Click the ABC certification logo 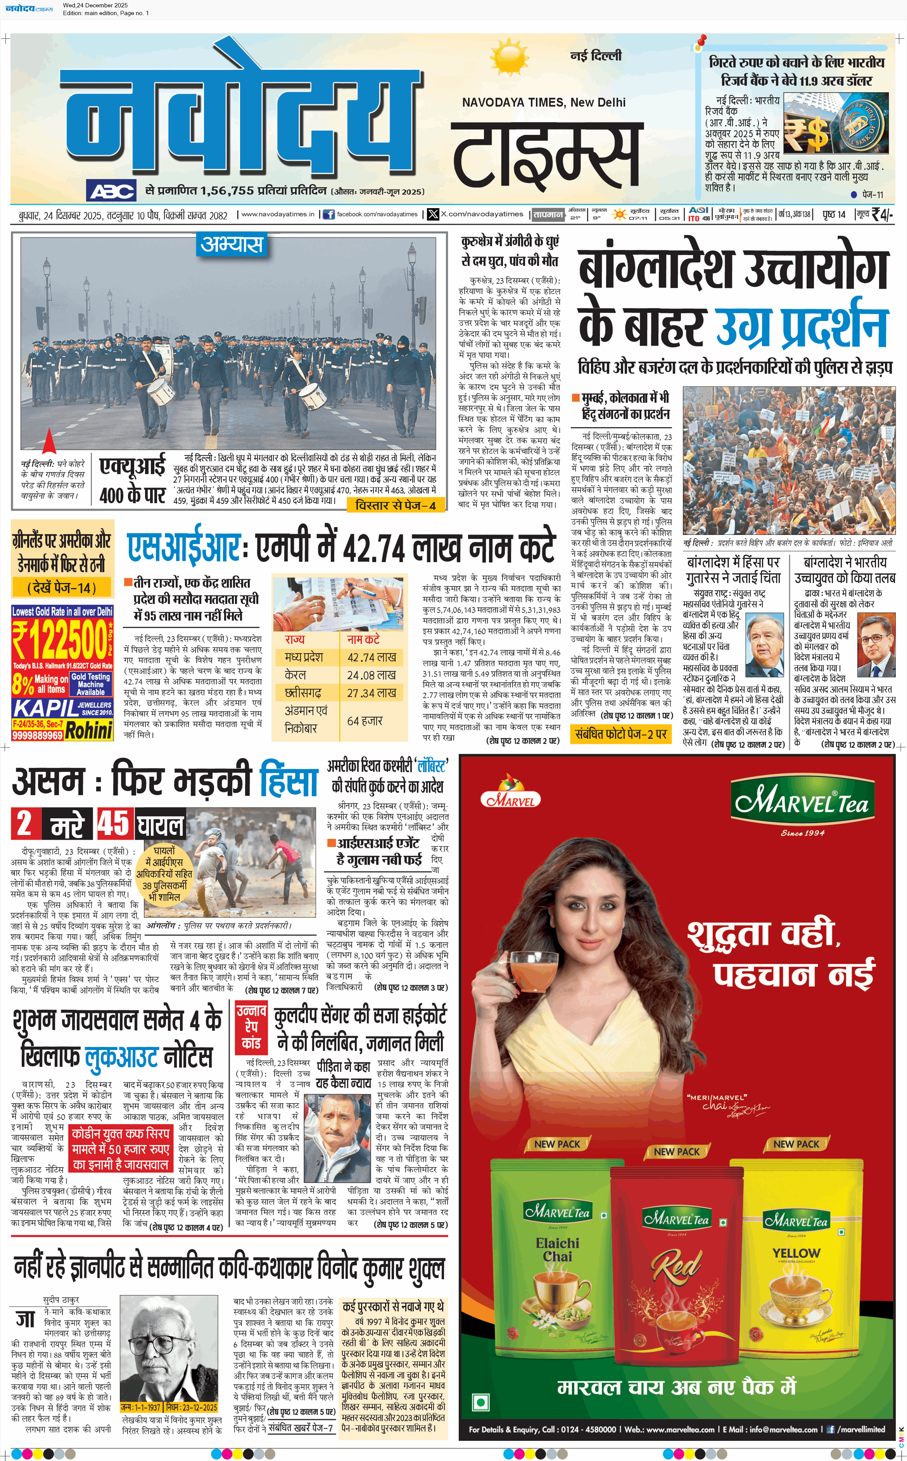[112, 191]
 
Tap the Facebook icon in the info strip [329, 214]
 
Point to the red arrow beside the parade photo [49, 441]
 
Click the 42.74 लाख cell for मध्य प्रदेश [371, 658]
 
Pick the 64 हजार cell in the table [365, 721]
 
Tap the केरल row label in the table [295, 675]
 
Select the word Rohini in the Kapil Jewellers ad [89, 731]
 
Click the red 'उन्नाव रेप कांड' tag [251, 1026]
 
